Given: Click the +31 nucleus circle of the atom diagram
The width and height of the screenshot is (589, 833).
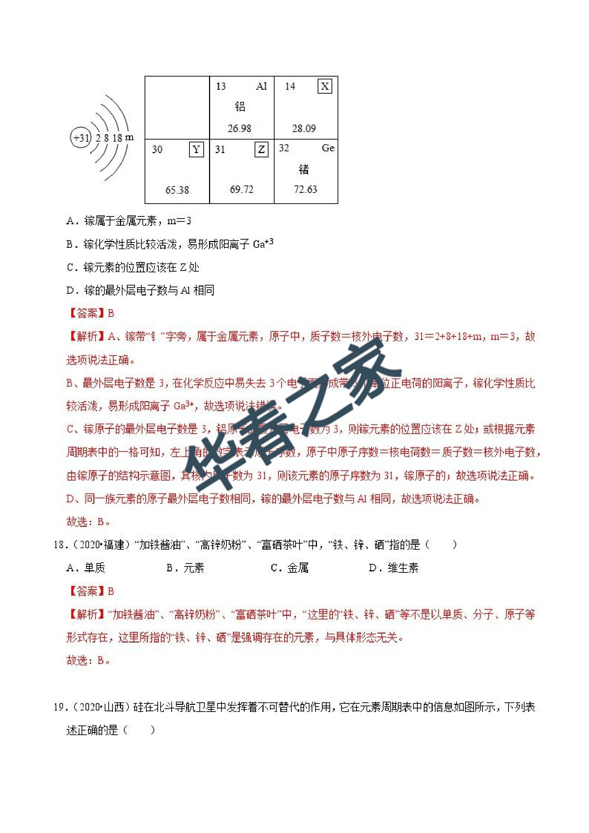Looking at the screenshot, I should click(x=80, y=138).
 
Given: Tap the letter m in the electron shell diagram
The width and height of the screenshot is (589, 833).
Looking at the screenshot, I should click(x=130, y=137).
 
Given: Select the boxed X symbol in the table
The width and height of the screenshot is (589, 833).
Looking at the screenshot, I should click(x=324, y=87).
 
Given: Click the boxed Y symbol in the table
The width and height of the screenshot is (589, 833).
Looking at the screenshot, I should click(x=196, y=150).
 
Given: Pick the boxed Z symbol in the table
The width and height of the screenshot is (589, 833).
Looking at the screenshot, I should click(x=261, y=150).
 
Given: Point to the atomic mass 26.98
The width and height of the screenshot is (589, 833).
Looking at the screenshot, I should click(x=239, y=129).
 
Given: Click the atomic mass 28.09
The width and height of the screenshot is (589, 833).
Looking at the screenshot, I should click(x=304, y=129).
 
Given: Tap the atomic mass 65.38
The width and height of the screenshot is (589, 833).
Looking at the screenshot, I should click(x=177, y=190).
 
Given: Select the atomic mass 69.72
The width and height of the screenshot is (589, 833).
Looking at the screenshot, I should click(x=242, y=189).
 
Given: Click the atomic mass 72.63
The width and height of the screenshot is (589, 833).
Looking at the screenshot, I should click(x=306, y=189).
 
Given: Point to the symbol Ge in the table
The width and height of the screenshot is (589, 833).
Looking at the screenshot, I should click(x=328, y=148).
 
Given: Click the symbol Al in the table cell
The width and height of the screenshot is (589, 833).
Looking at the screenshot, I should click(x=261, y=87).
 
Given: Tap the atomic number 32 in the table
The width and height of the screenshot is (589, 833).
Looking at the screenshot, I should click(x=284, y=148).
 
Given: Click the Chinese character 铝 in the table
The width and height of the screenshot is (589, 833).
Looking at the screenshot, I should click(x=240, y=107).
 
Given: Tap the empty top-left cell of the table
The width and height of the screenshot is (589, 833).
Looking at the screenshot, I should click(x=177, y=108).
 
